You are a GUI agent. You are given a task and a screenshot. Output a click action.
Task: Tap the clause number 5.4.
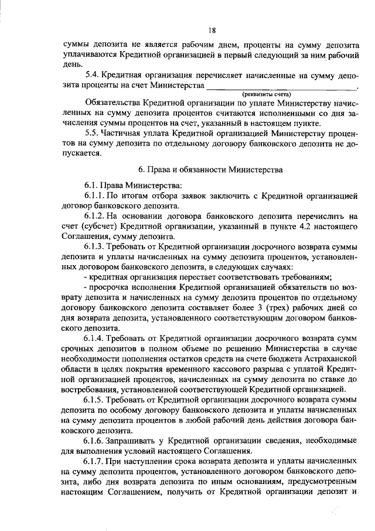tap(92, 75)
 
